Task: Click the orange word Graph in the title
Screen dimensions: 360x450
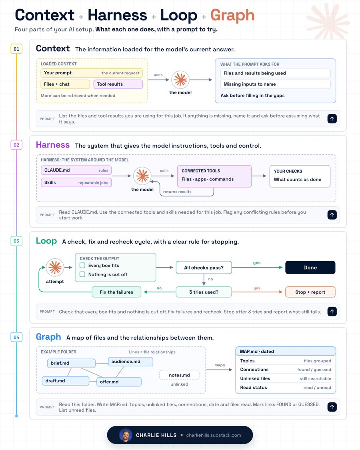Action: tap(232, 16)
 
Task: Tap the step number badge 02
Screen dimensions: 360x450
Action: tap(16, 145)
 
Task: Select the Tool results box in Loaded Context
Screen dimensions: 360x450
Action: tap(118, 84)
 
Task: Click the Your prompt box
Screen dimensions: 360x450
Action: tap(92, 73)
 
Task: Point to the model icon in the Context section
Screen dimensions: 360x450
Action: tap(180, 80)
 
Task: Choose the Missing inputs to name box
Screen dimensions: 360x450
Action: tap(275, 84)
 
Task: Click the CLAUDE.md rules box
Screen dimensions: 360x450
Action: tap(76, 170)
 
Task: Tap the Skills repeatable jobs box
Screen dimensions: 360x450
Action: tap(76, 182)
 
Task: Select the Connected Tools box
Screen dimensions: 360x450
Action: tap(214, 176)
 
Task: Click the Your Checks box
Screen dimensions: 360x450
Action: tap(300, 176)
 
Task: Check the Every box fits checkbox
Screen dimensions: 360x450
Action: tap(82, 266)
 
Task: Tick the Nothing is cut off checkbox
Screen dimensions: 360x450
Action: tap(82, 274)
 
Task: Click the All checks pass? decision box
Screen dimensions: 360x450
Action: tap(204, 268)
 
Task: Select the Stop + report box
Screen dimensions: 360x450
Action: tap(310, 292)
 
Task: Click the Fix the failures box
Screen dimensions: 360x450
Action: tap(116, 292)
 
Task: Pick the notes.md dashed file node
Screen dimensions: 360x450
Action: tap(179, 375)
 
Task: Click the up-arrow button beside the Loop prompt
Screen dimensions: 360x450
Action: tap(332, 312)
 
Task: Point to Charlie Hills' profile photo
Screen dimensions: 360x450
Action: tap(126, 435)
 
